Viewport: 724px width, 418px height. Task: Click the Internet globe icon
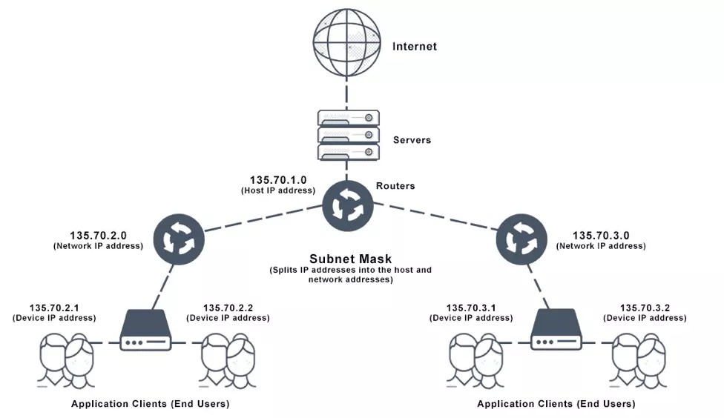pos(346,42)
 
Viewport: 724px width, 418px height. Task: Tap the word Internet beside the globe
pos(415,47)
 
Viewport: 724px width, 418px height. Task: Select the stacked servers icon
pos(348,135)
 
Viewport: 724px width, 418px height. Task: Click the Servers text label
pos(412,140)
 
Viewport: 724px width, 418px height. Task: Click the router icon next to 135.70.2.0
pos(178,239)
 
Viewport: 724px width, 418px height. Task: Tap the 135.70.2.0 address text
pos(99,234)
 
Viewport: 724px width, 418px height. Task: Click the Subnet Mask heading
pos(350,259)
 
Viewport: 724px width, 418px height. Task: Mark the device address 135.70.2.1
pos(54,308)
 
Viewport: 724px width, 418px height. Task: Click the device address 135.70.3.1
pos(471,308)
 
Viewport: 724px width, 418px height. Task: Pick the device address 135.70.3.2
pos(645,308)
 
